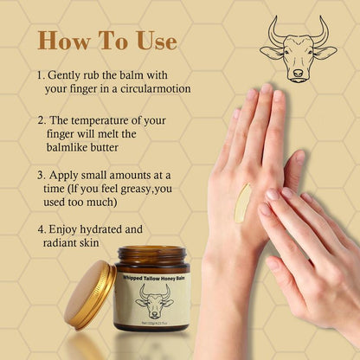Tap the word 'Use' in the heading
(153, 41)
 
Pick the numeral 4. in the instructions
(42, 229)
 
